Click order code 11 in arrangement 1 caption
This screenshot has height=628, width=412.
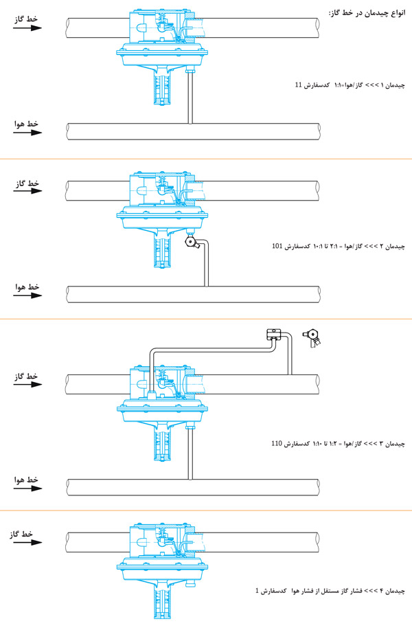[297, 85]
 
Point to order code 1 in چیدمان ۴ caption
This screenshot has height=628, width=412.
[257, 590]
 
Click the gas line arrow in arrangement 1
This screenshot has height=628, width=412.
[27, 28]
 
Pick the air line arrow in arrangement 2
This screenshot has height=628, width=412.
[27, 295]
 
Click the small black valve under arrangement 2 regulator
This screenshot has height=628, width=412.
[192, 243]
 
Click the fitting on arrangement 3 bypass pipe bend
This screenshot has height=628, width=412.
[275, 335]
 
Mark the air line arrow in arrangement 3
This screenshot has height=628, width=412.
[27, 490]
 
